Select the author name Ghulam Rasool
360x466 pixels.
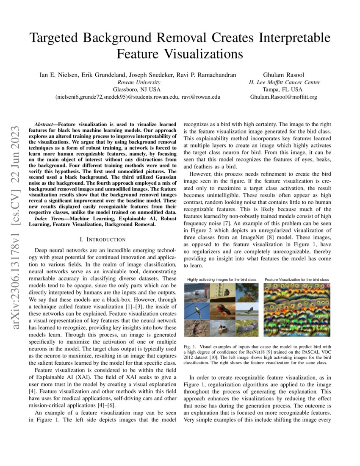tap(284, 75)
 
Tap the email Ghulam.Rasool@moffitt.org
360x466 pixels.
tap(284, 97)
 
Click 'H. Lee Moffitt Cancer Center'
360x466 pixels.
tap(284, 82)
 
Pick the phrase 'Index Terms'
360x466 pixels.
tap(50, 218)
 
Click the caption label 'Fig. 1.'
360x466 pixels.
tap(190, 347)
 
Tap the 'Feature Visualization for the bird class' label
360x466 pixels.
tap(297, 280)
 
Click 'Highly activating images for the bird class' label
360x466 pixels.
tap(222, 280)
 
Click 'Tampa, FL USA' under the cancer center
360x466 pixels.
tap(284, 89)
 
